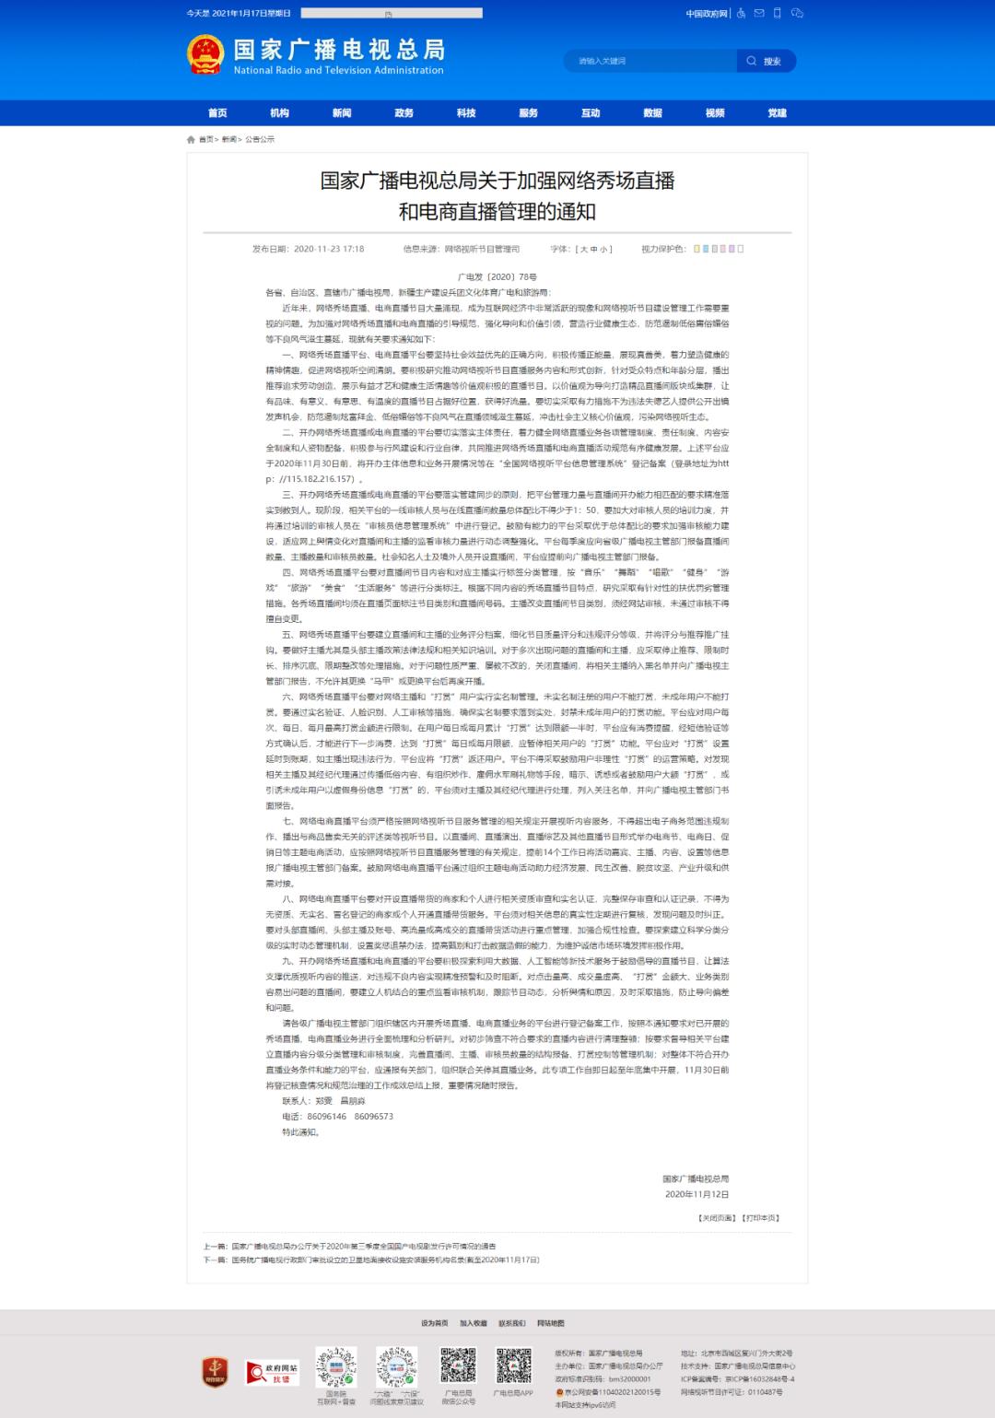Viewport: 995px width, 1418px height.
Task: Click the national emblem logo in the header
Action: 205,54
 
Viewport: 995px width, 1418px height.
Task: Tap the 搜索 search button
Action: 766,61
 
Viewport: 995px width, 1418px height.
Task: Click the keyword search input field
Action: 650,61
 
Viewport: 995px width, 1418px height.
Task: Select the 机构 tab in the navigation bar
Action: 279,113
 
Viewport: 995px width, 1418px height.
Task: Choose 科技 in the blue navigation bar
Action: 466,113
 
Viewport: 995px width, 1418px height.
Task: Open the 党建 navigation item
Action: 778,113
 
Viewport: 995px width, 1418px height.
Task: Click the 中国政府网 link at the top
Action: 706,14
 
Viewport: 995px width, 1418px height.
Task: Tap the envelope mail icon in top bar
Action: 759,13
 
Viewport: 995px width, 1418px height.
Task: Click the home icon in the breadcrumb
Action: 191,140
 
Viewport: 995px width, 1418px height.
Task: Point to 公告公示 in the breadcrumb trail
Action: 260,140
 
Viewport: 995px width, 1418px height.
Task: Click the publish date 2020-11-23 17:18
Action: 329,249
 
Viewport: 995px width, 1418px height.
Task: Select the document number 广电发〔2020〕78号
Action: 497,276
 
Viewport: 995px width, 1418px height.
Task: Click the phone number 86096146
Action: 327,1116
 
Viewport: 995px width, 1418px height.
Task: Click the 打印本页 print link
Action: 761,1217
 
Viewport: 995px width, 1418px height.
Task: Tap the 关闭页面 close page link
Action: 717,1217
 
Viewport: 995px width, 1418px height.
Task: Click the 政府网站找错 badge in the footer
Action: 272,1373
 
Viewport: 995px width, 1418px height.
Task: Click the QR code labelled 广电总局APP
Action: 513,1366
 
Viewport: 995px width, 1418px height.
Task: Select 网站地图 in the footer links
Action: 551,1323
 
